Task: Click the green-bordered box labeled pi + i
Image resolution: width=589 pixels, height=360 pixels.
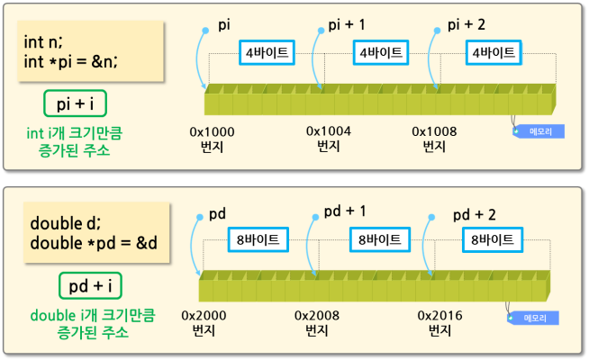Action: pyautogui.click(x=75, y=103)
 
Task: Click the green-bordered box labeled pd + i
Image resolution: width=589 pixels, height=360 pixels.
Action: pyautogui.click(x=90, y=285)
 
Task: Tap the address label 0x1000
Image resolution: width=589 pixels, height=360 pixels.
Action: pyautogui.click(x=212, y=131)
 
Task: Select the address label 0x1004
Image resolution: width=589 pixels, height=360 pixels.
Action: pyautogui.click(x=328, y=131)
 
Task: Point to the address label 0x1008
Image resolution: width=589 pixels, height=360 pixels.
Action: pyautogui.click(x=434, y=131)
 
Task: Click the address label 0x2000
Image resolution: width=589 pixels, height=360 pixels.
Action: pyautogui.click(x=204, y=316)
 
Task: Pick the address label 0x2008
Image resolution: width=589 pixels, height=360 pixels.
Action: pyautogui.click(x=317, y=316)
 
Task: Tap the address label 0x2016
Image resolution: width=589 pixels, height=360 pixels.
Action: pyautogui.click(x=440, y=316)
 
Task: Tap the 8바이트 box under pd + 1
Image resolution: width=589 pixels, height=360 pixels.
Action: pyautogui.click(x=375, y=239)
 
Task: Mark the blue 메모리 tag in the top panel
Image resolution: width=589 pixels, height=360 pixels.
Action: pyautogui.click(x=540, y=131)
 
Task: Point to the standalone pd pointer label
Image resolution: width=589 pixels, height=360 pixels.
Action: pyautogui.click(x=217, y=214)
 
